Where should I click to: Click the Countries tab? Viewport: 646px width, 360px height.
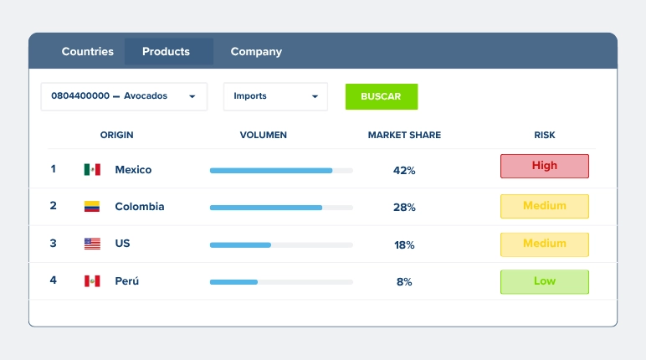pos(87,52)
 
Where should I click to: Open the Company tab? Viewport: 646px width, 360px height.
pos(256,52)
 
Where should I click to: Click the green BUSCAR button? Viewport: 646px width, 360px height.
pos(382,96)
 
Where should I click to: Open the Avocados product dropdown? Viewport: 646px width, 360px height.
pos(124,96)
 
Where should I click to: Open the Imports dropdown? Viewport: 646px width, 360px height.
pos(275,96)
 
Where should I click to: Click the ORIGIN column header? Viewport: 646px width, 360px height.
pos(116,135)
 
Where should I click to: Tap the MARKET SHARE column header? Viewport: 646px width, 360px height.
pos(404,135)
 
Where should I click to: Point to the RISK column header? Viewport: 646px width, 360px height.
pos(545,135)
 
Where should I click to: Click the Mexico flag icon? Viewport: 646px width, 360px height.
pos(92,169)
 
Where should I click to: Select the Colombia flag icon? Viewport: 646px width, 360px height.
pos(92,206)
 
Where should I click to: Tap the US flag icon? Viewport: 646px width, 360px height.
pos(92,244)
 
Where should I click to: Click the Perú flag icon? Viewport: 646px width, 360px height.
pos(92,281)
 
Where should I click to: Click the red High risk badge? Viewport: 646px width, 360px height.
pos(545,166)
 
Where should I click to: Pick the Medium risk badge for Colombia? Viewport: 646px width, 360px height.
pos(545,206)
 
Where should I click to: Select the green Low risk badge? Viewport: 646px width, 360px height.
pos(545,282)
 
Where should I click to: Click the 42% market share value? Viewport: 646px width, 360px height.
pos(404,170)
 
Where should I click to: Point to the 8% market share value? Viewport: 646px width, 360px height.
pos(404,281)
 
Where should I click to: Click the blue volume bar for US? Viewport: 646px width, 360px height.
pos(240,245)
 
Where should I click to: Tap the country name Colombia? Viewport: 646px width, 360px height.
pos(140,206)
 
